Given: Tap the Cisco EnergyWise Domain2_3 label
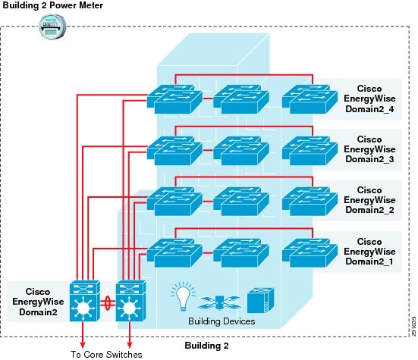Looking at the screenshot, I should pos(369,149).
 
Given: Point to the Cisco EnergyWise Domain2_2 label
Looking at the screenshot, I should pos(369,199).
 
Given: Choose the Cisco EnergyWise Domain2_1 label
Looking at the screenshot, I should pos(369,251).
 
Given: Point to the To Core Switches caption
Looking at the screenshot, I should pos(106,353).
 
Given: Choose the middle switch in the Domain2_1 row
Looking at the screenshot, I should pos(240,251).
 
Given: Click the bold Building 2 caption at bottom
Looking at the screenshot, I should pos(209,345).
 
